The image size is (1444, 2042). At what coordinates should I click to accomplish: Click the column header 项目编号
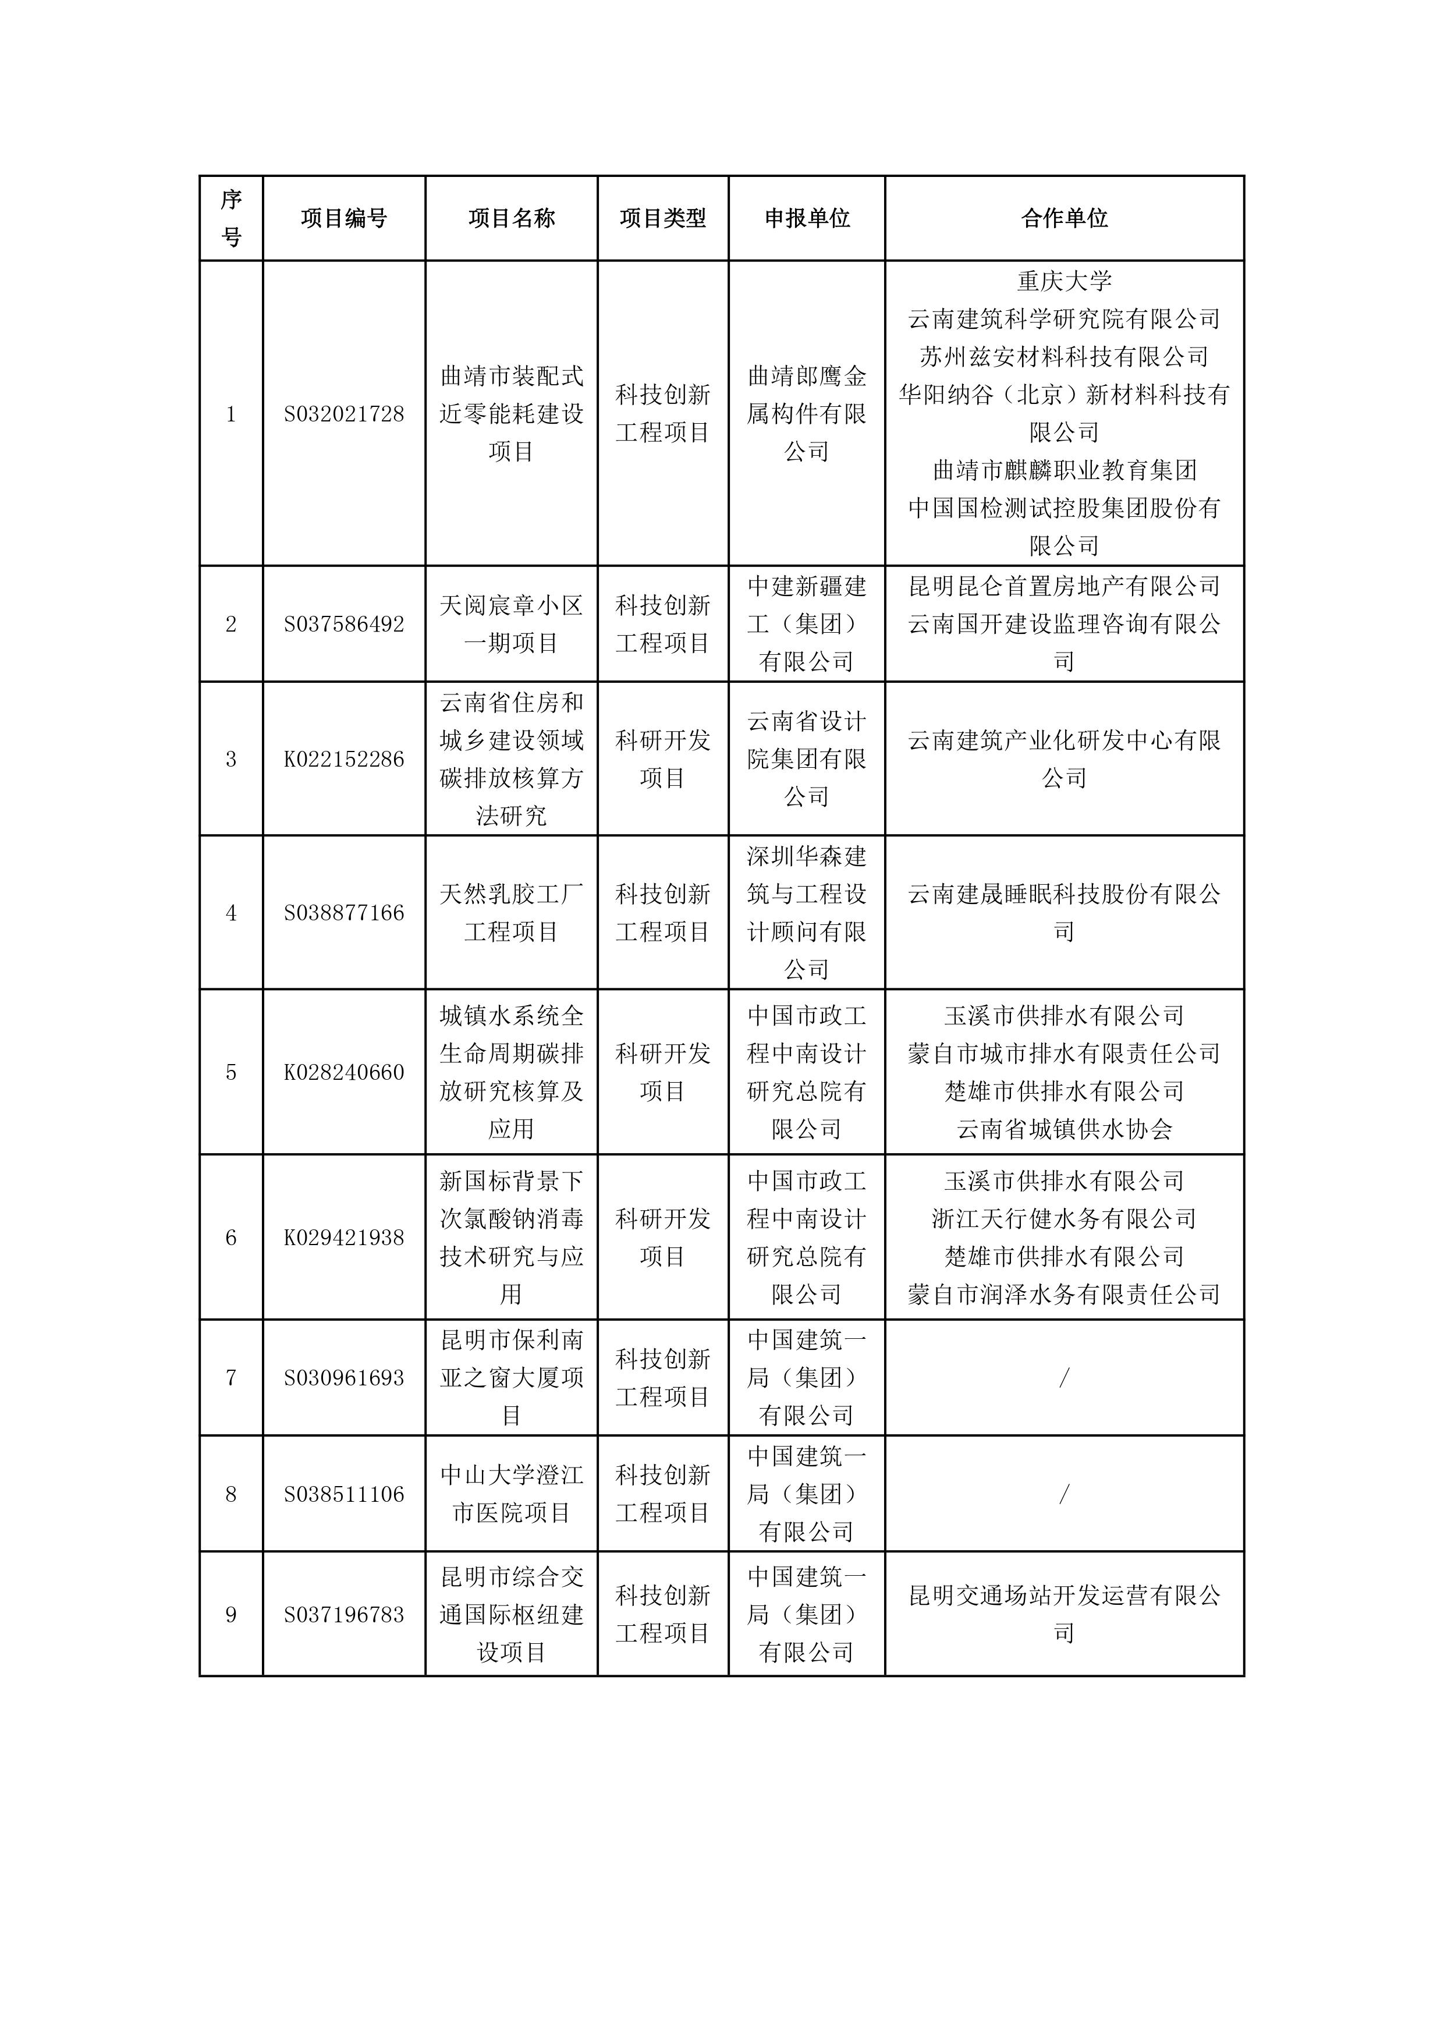343,218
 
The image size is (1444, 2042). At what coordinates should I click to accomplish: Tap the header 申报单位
807,218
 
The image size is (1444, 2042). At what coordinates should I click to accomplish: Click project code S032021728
343,413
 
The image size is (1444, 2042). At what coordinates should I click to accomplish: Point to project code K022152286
343,758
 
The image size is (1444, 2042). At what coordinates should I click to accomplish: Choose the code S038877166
343,913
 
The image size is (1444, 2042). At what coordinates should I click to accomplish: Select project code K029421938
343,1237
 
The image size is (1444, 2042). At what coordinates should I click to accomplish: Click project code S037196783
343,1614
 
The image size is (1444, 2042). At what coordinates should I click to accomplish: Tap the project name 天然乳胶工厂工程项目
511,913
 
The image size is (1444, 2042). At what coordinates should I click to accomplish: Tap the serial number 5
231,1072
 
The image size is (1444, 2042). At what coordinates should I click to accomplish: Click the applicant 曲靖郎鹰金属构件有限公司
807,413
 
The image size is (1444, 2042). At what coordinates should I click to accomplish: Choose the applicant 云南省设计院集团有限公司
807,758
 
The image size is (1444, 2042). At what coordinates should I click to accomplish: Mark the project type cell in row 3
662,758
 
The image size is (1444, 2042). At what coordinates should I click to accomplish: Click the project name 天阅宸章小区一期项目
511,623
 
